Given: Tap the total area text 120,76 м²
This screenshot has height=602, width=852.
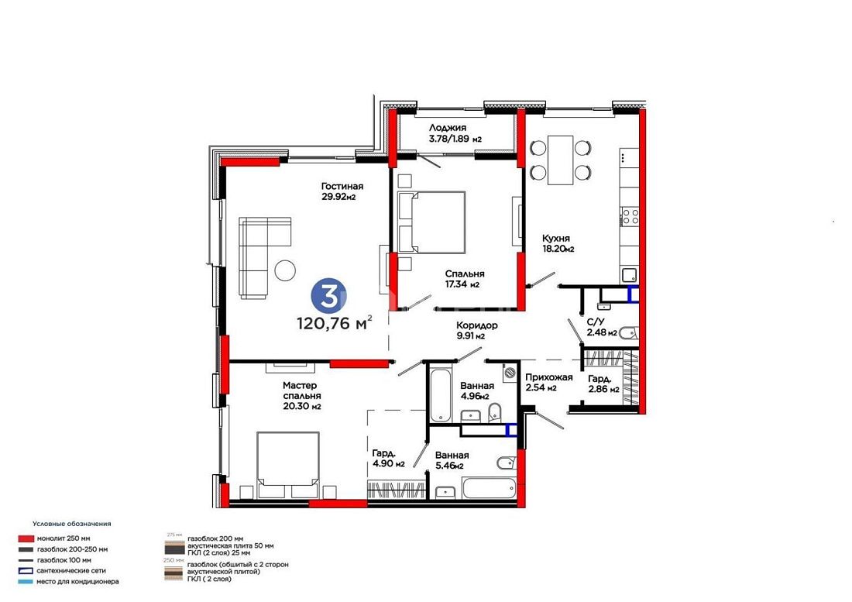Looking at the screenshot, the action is [x=334, y=323].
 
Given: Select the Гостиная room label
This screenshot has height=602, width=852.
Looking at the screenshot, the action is [x=342, y=191].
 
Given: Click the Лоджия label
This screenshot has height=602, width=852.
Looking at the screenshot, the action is [x=455, y=133].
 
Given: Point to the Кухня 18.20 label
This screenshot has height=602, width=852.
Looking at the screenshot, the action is [x=558, y=243].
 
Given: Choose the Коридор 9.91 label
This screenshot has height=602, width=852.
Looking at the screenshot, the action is [x=476, y=330].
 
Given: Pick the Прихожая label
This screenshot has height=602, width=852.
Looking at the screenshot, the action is [x=548, y=383].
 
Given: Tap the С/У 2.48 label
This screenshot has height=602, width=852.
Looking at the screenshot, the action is [x=602, y=327].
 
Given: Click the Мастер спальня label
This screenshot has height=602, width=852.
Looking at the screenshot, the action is [x=301, y=396].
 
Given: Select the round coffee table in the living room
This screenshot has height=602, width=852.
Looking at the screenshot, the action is [x=285, y=270].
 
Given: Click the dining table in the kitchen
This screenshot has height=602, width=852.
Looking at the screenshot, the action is [x=560, y=160].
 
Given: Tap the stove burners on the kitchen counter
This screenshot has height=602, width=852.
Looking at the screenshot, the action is [x=630, y=216].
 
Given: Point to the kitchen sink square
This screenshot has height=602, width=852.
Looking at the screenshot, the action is [x=630, y=276].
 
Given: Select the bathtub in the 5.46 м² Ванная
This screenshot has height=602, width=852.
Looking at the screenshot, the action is [x=489, y=488].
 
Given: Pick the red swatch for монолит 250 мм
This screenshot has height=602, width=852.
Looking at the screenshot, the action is [x=26, y=538].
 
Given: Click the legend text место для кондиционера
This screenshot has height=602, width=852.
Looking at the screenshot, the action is [x=77, y=582].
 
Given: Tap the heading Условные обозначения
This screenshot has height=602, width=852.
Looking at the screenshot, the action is [x=72, y=524].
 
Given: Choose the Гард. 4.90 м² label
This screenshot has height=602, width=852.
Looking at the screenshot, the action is [x=389, y=459].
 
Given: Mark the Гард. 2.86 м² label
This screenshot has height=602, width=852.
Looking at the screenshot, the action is [x=603, y=384].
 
